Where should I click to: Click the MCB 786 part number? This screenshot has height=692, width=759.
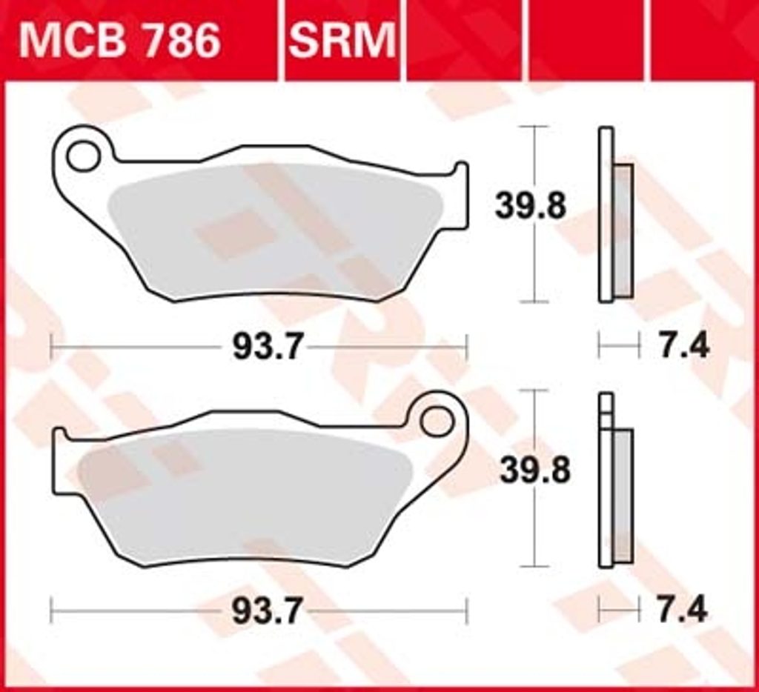119,41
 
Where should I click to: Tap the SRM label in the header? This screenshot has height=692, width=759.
342,41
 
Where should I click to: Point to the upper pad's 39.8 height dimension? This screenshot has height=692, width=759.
530,206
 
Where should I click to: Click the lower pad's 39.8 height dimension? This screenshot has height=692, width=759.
535,470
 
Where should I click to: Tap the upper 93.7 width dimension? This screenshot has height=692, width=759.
268,347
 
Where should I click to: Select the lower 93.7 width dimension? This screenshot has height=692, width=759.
267,611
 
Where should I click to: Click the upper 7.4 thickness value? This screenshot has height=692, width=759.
683,345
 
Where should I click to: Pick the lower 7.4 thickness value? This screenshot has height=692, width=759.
683,610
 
